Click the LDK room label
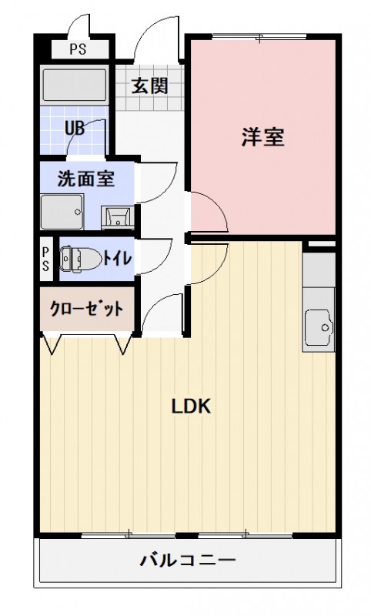(191, 407)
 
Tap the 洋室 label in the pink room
(263, 137)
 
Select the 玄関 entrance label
(149, 86)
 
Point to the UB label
(75, 127)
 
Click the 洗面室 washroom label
(86, 179)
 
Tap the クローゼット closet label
(86, 310)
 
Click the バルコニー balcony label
(187, 560)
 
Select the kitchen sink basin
(318, 328)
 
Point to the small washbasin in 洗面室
(118, 215)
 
